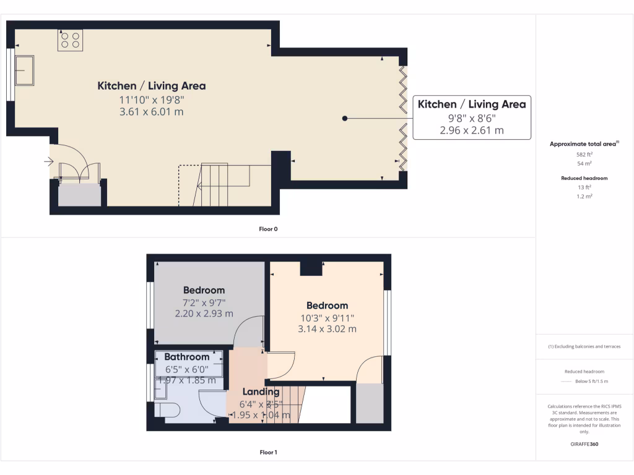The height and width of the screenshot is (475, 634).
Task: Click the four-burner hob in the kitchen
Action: [x=70, y=40]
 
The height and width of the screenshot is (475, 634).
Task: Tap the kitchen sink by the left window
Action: [x=25, y=69]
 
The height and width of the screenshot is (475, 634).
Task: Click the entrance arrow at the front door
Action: [x=49, y=162]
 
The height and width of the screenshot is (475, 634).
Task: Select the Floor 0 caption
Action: [x=268, y=229]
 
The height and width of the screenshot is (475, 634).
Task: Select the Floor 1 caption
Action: [x=268, y=452]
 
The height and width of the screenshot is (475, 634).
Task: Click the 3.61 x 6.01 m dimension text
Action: [x=152, y=112]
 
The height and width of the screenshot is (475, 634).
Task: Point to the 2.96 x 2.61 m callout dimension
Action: [x=471, y=131]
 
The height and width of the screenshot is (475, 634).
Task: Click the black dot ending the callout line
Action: [x=345, y=118]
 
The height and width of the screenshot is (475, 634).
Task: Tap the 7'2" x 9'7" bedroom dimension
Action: [x=204, y=302]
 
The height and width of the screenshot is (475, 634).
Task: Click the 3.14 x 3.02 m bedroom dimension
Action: [x=327, y=329]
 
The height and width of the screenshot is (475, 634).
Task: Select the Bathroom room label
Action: [x=186, y=357]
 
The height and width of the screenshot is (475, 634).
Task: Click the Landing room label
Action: [x=261, y=392]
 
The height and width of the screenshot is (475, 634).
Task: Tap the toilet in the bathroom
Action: [x=167, y=409]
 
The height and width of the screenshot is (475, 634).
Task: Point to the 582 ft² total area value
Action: [x=584, y=154]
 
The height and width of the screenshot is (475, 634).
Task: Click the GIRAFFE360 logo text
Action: [x=584, y=444]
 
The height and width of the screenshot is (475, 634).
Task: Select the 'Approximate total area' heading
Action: [x=584, y=144]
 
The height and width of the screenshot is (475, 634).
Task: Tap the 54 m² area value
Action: [x=584, y=164]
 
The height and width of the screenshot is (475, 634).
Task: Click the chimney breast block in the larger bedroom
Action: [x=311, y=268]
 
